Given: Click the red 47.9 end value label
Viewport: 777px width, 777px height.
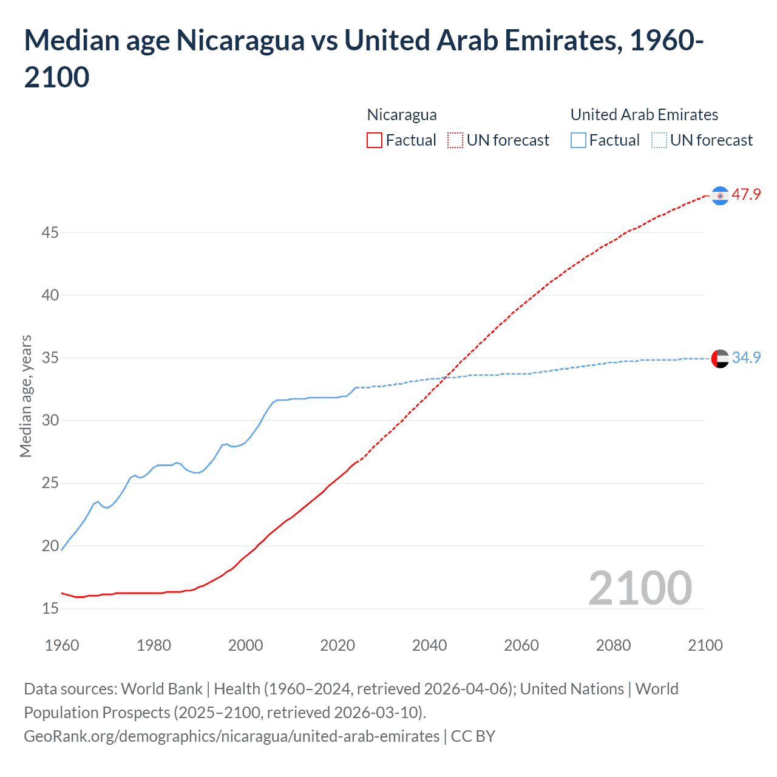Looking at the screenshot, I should click(746, 194).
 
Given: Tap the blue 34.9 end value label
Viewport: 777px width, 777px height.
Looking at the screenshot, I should click(746, 358).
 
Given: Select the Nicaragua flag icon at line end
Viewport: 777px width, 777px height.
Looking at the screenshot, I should click(720, 195).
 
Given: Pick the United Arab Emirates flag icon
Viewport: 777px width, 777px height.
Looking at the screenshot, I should click(720, 359).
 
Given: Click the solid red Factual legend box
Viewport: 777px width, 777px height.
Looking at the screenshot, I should click(375, 140).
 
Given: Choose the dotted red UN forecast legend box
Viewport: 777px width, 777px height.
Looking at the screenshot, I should click(455, 140).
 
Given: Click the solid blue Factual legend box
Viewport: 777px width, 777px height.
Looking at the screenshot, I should click(579, 140).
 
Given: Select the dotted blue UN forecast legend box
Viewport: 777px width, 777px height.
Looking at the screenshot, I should click(659, 140).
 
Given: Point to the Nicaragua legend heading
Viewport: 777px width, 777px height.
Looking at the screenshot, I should click(402, 115).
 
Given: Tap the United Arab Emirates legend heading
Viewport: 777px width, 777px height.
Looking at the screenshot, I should click(644, 115).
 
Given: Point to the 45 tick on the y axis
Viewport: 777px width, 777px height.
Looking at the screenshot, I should click(50, 232).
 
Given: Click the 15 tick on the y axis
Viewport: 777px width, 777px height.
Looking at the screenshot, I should click(50, 608).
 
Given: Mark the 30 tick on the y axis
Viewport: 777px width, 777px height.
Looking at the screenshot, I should click(50, 420).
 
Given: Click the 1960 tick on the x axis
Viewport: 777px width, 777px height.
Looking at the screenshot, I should click(62, 645).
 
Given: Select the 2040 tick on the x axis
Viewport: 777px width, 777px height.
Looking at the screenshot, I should click(429, 645).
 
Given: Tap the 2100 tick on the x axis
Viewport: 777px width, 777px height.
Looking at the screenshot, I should click(705, 645).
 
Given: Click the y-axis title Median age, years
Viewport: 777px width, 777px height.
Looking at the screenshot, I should click(25, 396).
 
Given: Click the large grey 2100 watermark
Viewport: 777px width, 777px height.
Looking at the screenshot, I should click(640, 588).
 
